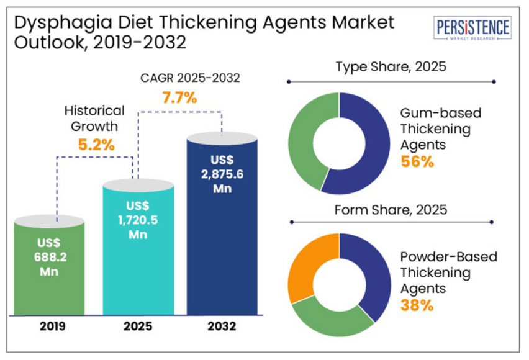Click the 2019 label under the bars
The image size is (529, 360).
coord(49,325)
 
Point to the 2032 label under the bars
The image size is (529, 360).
coord(222,325)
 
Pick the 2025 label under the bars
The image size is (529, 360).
coord(138,325)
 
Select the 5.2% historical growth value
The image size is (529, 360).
coord(96,145)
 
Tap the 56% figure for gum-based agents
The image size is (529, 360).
coord(417,162)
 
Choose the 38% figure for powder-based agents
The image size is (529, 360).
coord(417,305)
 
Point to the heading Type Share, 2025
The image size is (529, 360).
coord(391,66)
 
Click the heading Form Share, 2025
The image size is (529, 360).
coord(391,209)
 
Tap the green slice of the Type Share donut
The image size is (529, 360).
coord(305,140)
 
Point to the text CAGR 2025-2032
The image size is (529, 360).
coord(189,78)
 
